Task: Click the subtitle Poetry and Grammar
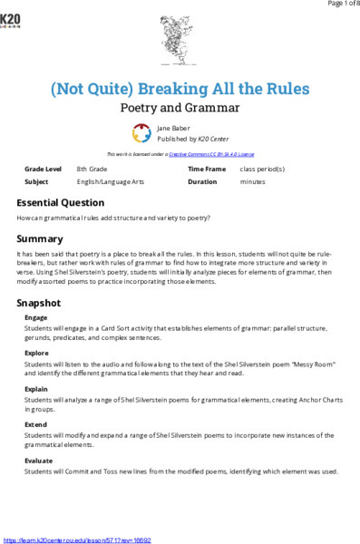click(180, 108)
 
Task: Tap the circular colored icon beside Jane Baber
click(141, 134)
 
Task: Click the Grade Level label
click(44, 170)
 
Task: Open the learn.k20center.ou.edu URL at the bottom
click(77, 539)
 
